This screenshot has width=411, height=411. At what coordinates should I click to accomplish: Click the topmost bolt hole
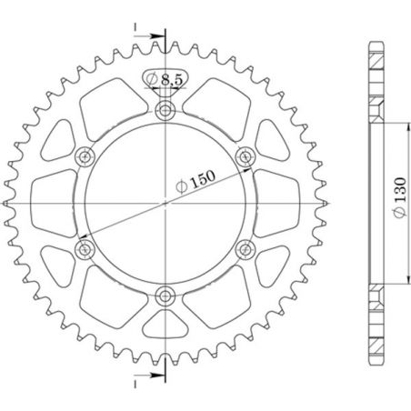tap(165, 111)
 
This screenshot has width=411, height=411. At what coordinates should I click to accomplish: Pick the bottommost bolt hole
tap(165, 294)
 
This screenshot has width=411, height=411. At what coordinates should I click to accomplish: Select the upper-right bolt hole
tap(244, 156)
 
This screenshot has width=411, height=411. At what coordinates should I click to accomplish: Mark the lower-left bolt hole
tap(85, 247)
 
